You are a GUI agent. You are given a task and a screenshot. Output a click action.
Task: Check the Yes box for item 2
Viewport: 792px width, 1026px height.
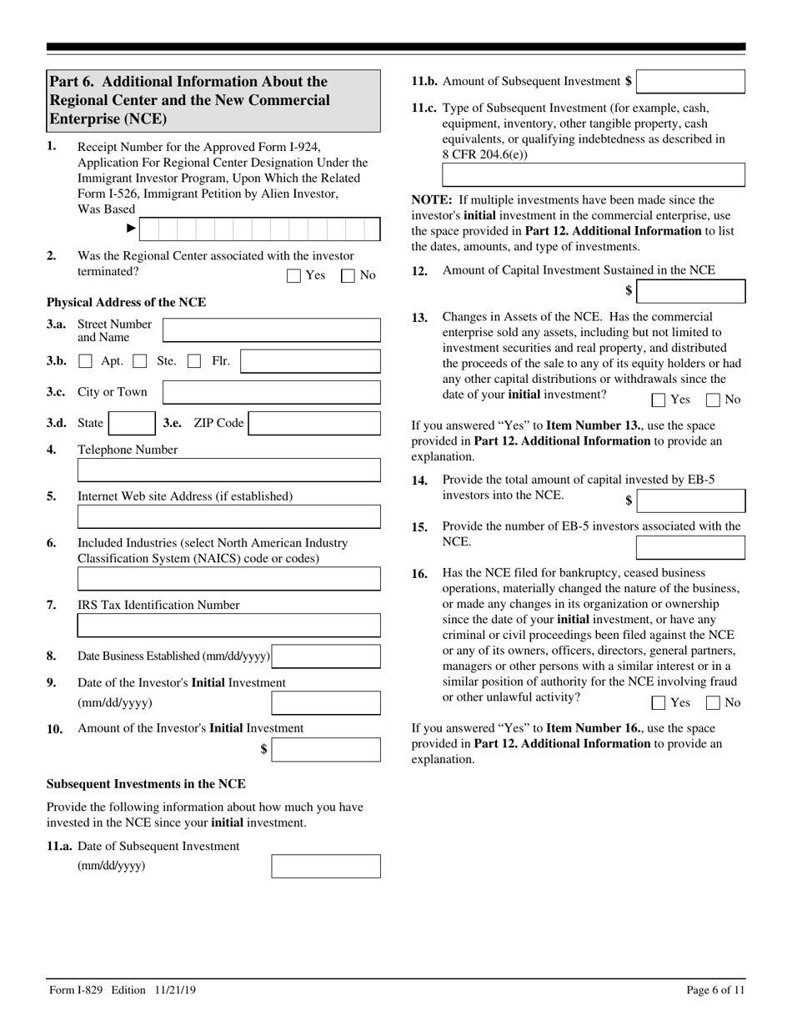click(293, 276)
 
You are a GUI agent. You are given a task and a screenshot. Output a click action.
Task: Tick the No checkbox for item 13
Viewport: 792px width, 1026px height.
click(713, 400)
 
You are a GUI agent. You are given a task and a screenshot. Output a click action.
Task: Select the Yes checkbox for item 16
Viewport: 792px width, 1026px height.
click(659, 703)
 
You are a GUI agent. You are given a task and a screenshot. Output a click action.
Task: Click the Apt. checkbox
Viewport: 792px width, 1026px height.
click(85, 362)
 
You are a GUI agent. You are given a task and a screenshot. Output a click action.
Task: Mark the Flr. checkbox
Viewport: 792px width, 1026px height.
click(194, 362)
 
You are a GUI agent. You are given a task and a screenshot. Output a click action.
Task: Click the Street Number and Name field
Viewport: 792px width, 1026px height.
click(271, 330)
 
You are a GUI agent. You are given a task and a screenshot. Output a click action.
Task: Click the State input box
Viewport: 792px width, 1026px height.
click(132, 424)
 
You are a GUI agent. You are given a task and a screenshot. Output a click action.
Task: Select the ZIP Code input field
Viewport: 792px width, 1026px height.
click(314, 424)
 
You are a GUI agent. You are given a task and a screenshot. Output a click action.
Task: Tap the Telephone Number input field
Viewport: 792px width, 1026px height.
click(228, 470)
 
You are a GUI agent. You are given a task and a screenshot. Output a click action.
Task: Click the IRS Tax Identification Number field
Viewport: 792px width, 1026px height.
click(228, 626)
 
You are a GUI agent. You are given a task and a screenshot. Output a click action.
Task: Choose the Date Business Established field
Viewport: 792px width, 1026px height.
click(326, 656)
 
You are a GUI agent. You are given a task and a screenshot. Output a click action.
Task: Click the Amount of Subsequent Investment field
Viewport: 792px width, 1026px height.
click(690, 82)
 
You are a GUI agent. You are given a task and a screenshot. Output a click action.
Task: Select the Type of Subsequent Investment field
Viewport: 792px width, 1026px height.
click(593, 175)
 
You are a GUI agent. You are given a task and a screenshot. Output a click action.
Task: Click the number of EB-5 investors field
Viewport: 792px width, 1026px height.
click(690, 548)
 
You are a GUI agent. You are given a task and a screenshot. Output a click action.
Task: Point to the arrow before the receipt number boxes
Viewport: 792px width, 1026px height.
click(131, 228)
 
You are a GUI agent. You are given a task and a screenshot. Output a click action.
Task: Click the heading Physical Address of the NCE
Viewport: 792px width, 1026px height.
click(126, 303)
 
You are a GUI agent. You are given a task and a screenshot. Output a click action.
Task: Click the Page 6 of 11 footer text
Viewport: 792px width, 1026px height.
click(715, 990)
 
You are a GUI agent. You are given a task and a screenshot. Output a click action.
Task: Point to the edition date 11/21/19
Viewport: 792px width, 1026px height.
click(175, 990)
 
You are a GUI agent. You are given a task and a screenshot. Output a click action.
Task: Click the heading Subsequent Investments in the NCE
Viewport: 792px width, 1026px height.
click(146, 784)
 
